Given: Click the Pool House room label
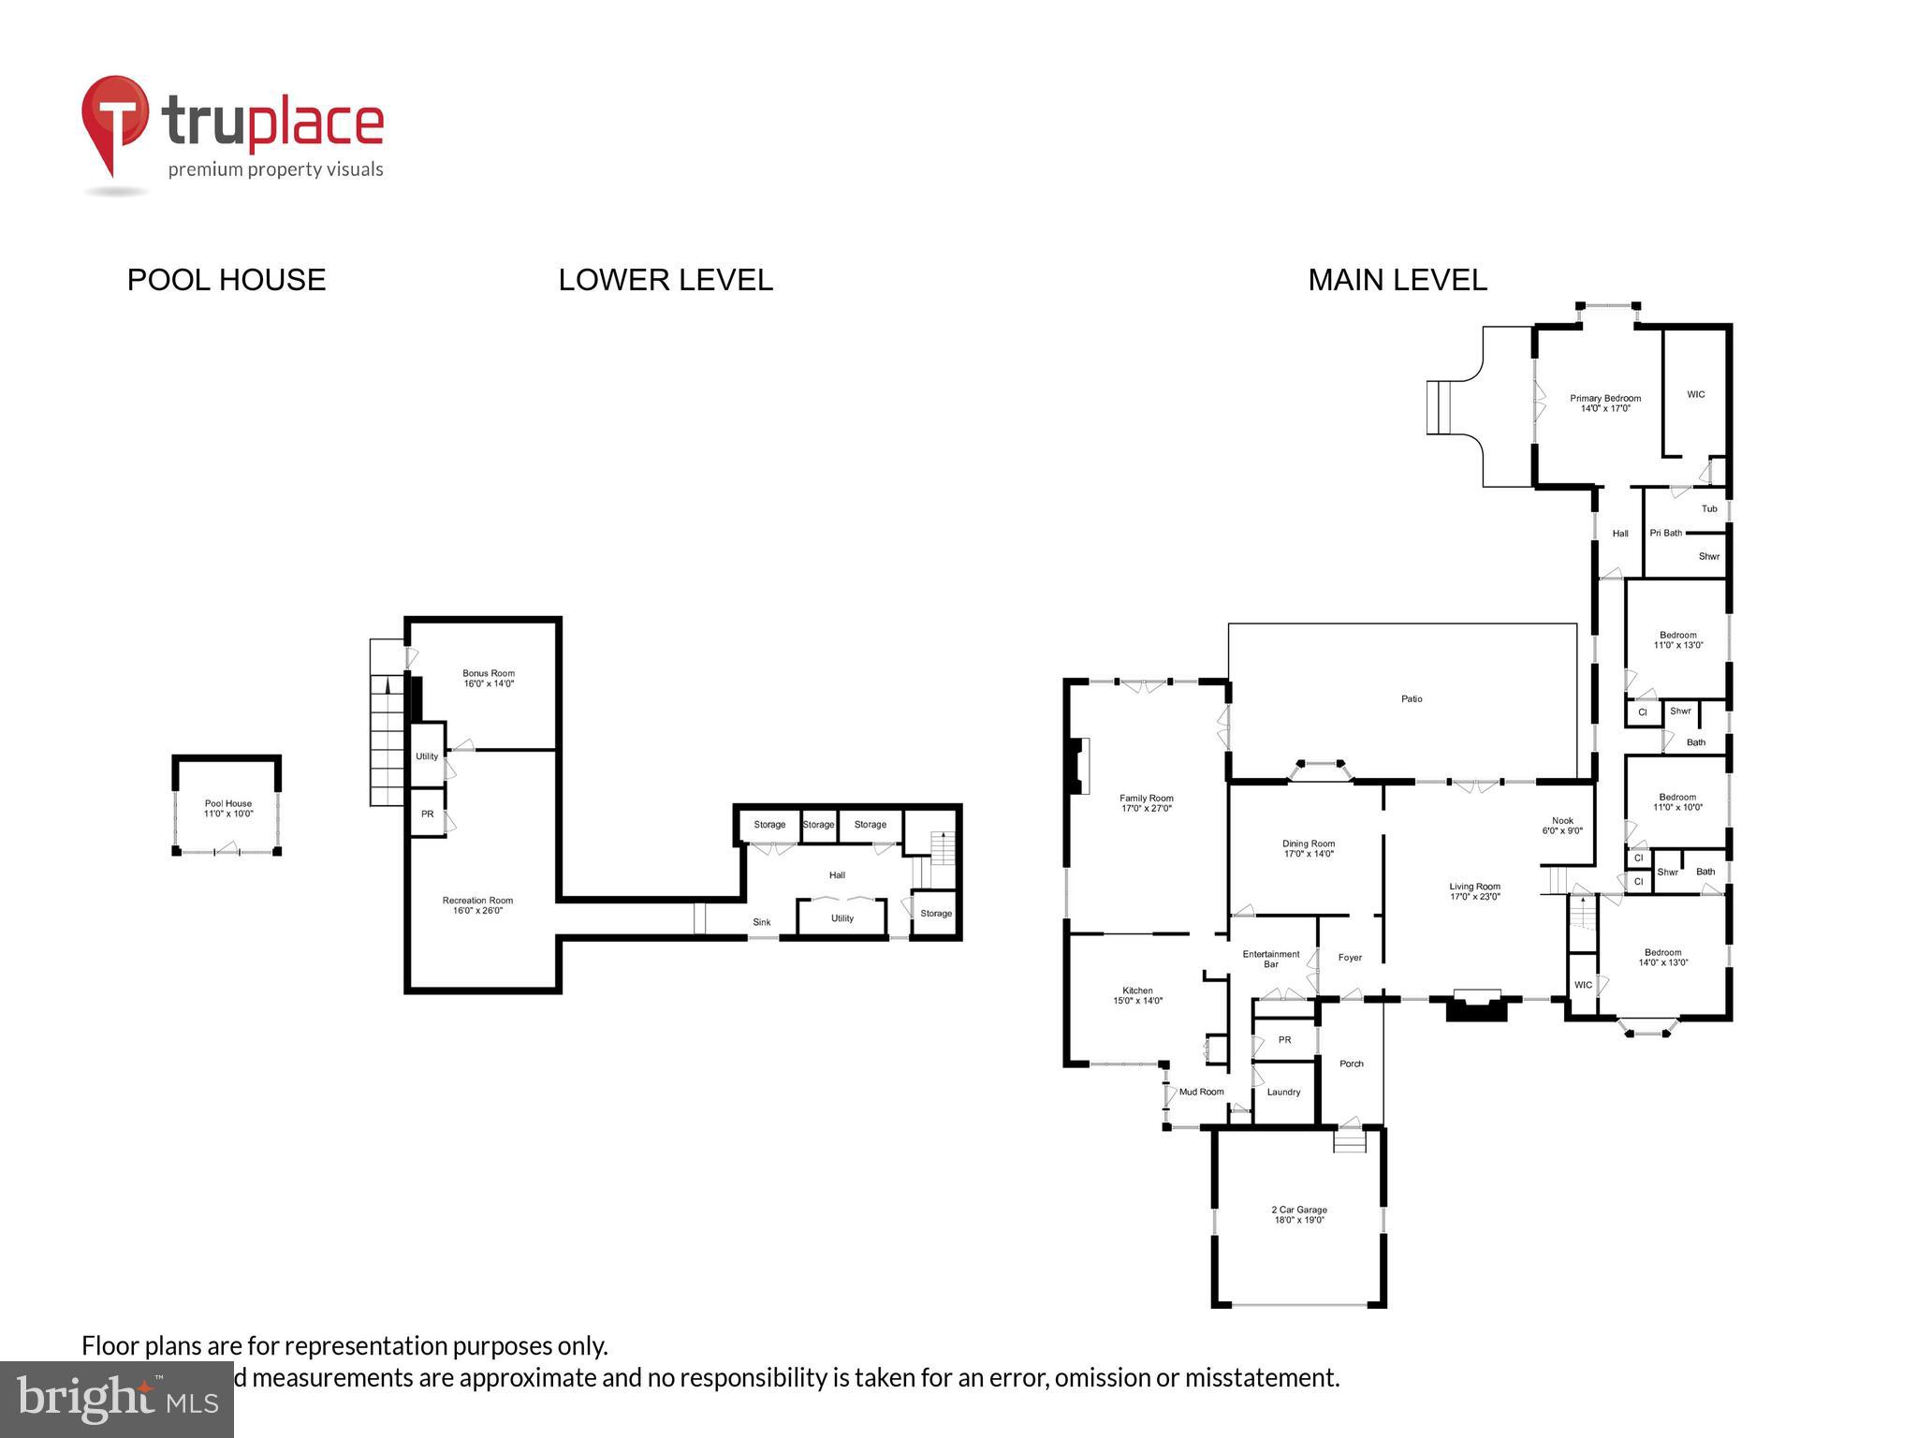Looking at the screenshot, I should click(227, 803).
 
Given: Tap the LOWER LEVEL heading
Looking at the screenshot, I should click(666, 280).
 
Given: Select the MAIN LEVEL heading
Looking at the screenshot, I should click(1397, 280).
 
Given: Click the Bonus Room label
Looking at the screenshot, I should click(489, 673).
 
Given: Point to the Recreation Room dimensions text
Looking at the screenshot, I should click(477, 911).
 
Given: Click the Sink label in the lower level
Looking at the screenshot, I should click(762, 922).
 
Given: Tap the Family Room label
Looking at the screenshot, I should click(1146, 799).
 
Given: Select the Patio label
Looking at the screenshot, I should click(1412, 698).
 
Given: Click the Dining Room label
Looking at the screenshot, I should click(1309, 844).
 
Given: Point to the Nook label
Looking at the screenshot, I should click(1562, 820).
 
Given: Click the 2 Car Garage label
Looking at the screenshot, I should click(1299, 1210).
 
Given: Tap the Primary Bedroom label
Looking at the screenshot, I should click(1605, 398).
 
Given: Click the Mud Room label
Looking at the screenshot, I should click(1201, 1092).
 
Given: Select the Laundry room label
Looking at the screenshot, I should click(1283, 1092).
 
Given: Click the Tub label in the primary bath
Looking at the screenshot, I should click(1709, 508).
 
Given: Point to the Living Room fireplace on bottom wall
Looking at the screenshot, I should click(1476, 1007).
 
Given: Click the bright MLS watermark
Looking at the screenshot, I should click(117, 1399).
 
